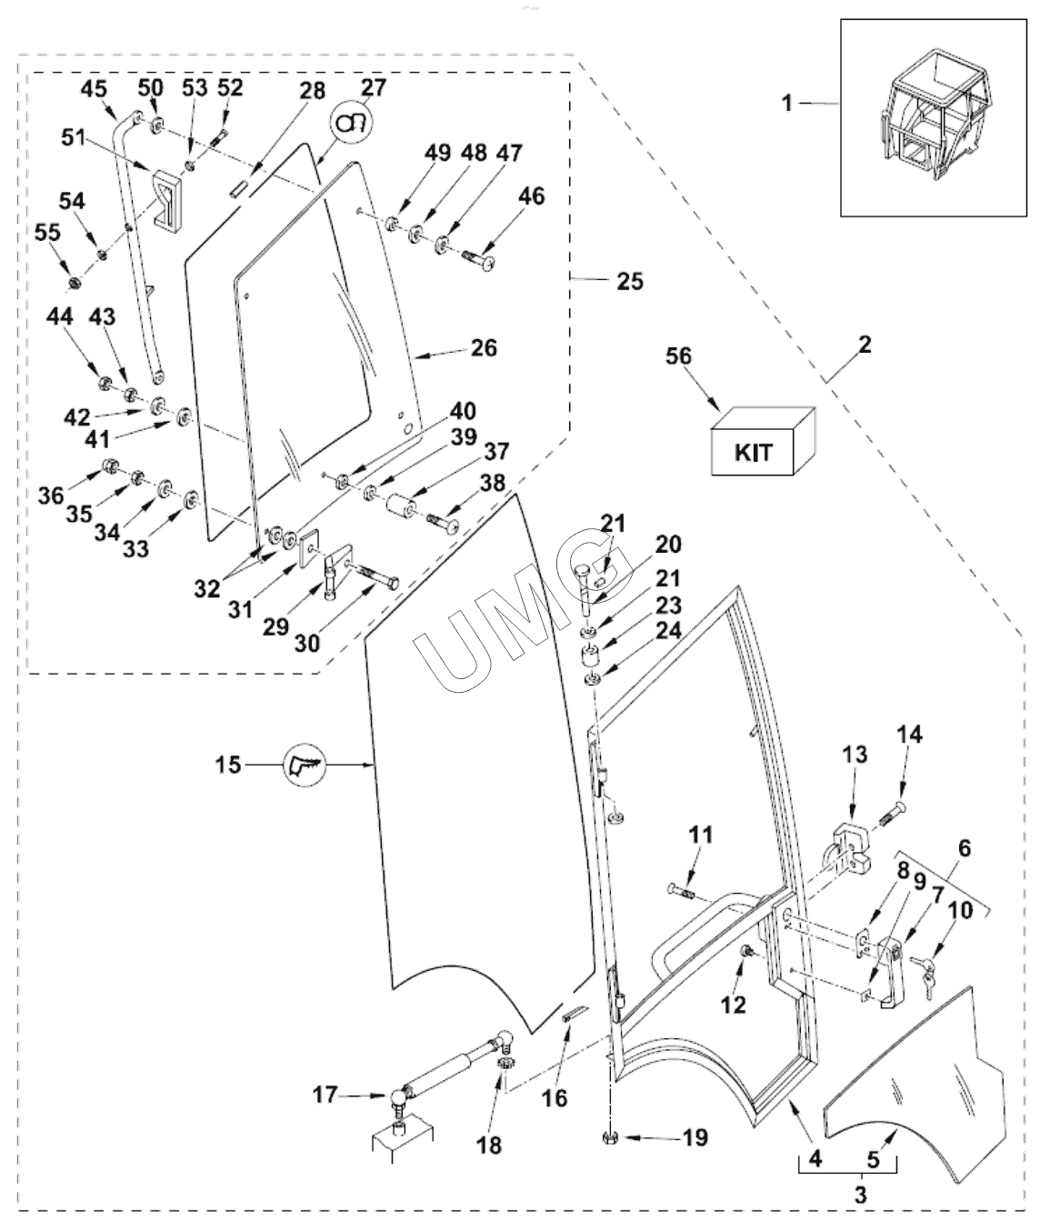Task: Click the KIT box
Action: (761, 442)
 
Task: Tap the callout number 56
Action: (679, 355)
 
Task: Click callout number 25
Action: (629, 281)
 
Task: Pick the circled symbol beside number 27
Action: (352, 124)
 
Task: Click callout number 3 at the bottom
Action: (859, 1194)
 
